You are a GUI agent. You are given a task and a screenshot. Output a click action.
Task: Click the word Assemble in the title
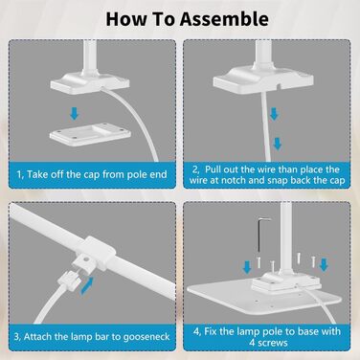tap(224, 19)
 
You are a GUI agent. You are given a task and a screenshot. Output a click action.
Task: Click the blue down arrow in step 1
tap(75, 114)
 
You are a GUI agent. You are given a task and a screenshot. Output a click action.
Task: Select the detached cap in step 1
tap(90, 134)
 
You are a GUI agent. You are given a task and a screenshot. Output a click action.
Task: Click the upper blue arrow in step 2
tap(274, 114)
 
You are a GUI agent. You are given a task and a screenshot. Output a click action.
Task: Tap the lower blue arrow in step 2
tap(278, 144)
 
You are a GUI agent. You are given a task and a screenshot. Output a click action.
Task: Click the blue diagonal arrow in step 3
tap(87, 285)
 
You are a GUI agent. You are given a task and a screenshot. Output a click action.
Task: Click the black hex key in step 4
tap(260, 235)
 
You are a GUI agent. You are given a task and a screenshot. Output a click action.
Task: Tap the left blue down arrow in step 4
tap(247, 267)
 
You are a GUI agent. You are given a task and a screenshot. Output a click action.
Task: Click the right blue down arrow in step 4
tap(324, 264)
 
